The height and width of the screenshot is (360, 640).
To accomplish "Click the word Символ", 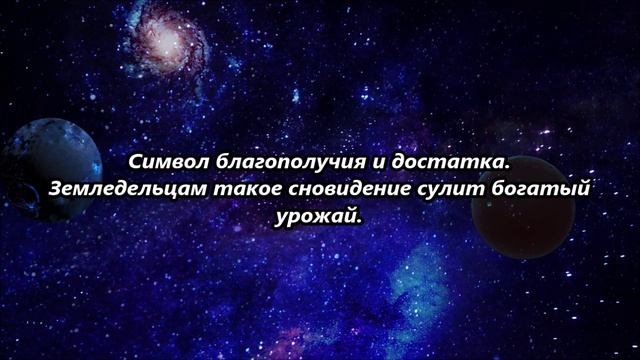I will tap(162, 160).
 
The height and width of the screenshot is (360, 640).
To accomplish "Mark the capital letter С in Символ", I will tap(137, 160).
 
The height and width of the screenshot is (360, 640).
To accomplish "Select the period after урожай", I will tap(355, 219).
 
